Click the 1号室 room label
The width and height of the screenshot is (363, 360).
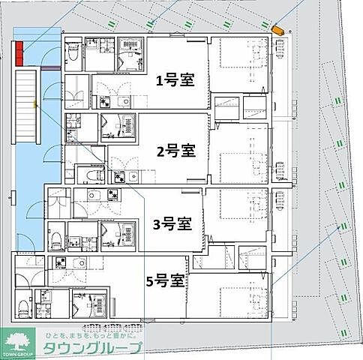[175, 80]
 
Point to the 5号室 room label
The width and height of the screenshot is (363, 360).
[166, 281]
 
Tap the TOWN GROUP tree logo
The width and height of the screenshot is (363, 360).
[19, 341]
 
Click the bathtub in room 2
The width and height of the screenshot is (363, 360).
[120, 125]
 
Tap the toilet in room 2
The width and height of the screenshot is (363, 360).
[91, 175]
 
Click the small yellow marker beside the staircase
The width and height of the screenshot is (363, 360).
[35, 104]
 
